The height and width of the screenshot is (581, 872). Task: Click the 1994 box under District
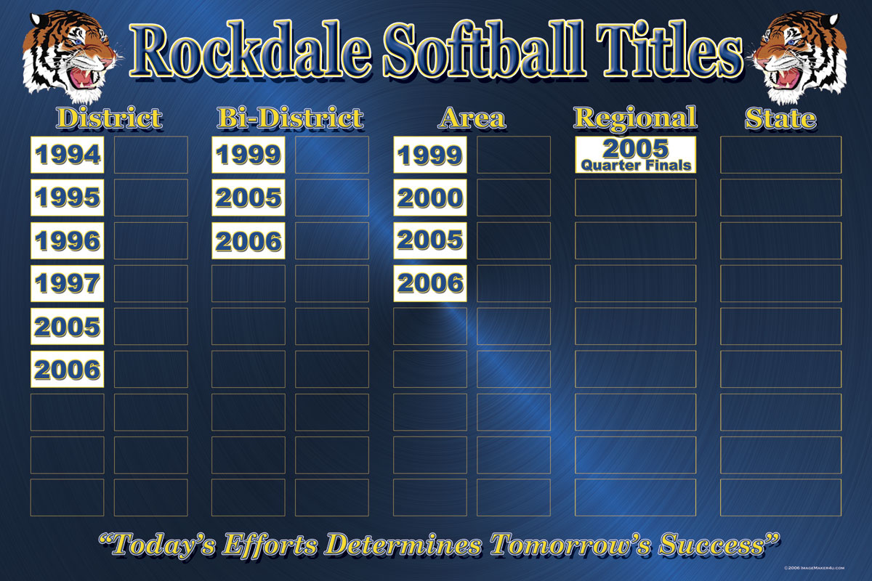(x=68, y=155)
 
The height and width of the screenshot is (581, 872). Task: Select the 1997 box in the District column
(x=68, y=283)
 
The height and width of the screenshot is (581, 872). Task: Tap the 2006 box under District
(x=68, y=369)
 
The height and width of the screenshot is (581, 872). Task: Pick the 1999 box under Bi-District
(x=249, y=155)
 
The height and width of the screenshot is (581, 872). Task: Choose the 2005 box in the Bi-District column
(x=249, y=198)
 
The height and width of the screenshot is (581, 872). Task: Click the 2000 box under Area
(x=430, y=198)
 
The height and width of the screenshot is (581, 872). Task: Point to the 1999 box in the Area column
(x=430, y=155)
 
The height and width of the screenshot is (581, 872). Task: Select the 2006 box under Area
(x=430, y=283)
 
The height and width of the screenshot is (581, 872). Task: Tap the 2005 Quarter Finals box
(x=635, y=155)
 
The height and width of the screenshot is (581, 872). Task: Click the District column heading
(x=110, y=118)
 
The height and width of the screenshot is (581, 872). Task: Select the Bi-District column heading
(x=291, y=118)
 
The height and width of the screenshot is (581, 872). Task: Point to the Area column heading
(x=472, y=118)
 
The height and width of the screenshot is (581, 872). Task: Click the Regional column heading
(x=636, y=118)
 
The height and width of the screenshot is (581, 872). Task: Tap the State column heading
(x=780, y=118)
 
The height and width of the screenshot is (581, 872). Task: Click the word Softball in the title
(x=484, y=51)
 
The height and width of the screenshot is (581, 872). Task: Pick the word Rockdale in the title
(x=250, y=51)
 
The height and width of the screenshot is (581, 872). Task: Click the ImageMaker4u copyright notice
(x=814, y=568)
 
